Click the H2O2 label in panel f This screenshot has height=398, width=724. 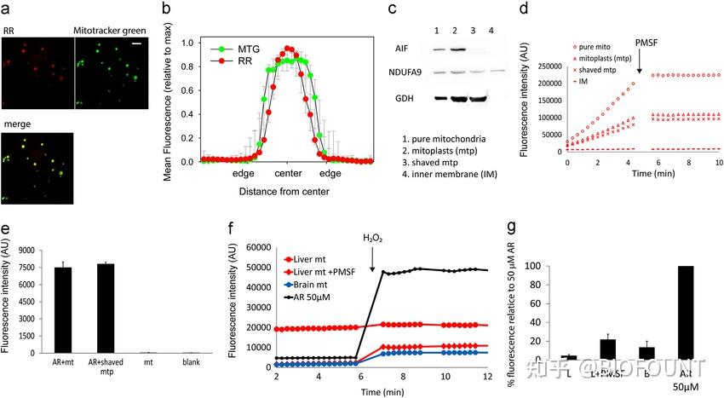(372, 240)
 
